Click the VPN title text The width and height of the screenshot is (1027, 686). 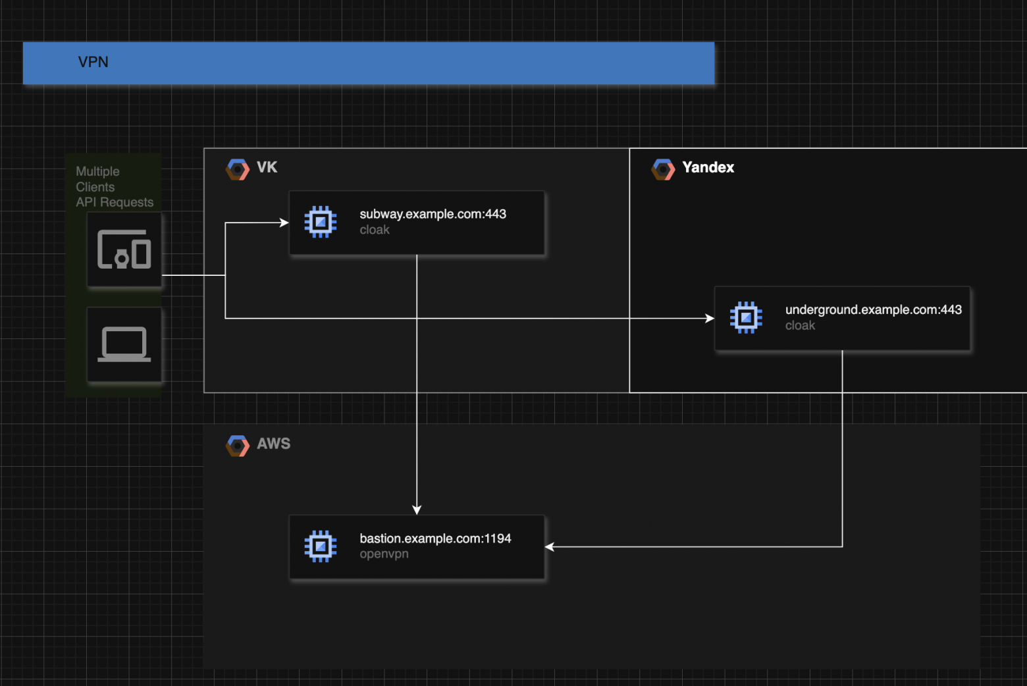click(93, 62)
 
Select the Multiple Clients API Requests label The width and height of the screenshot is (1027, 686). click(114, 187)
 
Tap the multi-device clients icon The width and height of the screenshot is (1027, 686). click(124, 250)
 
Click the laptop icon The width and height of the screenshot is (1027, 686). click(124, 344)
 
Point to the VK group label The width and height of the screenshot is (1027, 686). click(267, 167)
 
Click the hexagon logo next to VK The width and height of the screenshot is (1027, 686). click(238, 169)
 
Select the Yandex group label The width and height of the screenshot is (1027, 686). click(708, 167)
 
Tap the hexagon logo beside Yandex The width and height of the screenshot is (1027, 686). click(663, 169)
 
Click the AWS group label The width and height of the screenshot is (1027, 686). click(273, 444)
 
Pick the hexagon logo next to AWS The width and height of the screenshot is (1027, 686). click(238, 446)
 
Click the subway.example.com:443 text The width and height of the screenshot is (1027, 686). click(433, 214)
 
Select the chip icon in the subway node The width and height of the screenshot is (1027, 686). click(321, 223)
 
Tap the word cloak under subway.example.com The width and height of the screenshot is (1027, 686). click(375, 230)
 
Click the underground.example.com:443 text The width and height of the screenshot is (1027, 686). click(873, 309)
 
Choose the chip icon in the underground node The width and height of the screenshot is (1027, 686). click(746, 318)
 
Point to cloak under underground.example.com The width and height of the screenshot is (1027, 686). click(800, 325)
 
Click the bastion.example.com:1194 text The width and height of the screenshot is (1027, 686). click(435, 539)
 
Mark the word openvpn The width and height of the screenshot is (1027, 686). click(384, 554)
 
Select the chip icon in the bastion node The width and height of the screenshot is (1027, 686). click(321, 546)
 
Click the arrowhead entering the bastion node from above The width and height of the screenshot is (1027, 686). click(417, 510)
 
